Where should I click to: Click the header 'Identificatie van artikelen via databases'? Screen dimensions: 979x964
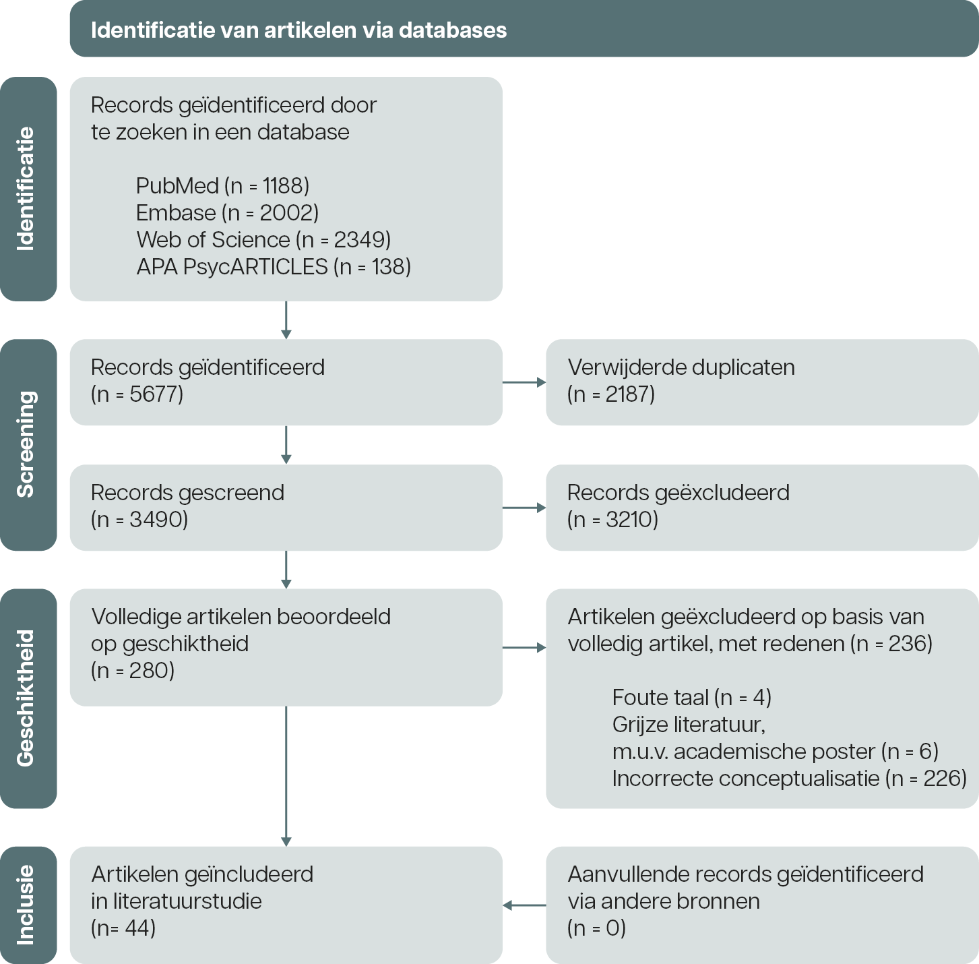298,30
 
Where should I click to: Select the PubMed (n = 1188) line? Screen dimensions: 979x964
222,186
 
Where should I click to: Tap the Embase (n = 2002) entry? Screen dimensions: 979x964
227,213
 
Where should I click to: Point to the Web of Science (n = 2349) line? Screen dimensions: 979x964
263,240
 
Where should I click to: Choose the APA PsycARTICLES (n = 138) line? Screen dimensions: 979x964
274,267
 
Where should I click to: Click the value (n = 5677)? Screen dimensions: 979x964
137,394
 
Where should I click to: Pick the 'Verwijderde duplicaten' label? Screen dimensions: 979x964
681,367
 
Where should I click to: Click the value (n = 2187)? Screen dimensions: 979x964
611,394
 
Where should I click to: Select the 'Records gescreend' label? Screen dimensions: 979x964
187,493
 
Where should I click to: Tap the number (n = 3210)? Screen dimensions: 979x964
612,520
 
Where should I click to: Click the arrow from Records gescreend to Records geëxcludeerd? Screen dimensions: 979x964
524,508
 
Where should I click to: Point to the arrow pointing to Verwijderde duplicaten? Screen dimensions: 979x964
524,382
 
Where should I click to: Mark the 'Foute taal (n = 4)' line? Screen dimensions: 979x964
692,698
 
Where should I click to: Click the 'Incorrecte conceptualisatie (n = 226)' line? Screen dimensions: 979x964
790,779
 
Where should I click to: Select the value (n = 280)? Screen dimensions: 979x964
133,671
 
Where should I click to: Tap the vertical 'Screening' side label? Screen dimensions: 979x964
26,444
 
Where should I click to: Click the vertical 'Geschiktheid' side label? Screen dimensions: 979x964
26,698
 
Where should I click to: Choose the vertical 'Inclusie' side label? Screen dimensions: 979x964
26,905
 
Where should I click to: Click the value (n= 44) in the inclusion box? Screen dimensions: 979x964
123,928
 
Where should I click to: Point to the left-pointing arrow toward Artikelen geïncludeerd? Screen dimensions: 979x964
524,905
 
